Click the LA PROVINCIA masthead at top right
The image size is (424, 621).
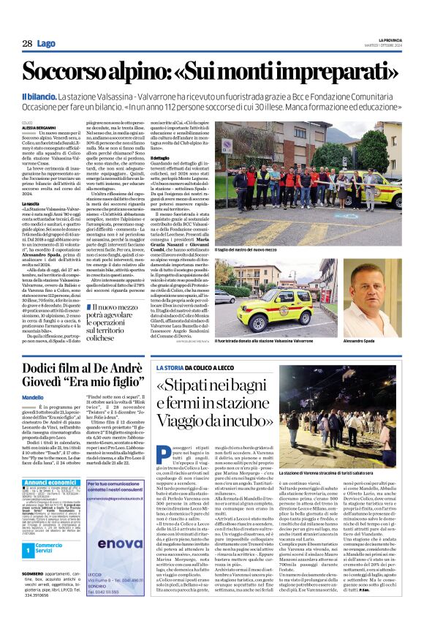point(384,39)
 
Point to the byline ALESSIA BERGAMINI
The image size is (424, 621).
point(39,127)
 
